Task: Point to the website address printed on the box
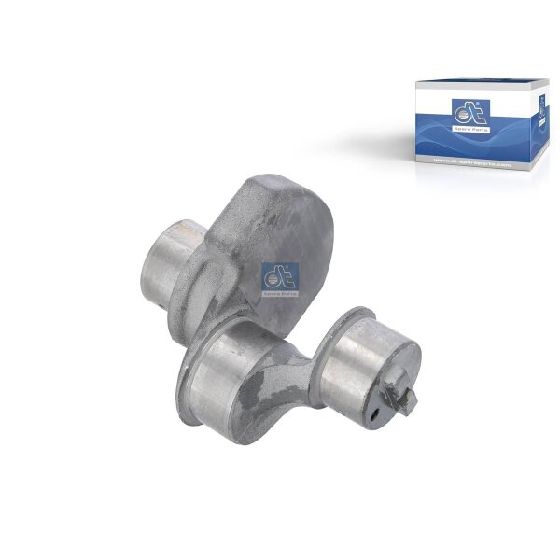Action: (x=474, y=163)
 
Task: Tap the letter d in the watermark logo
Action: (x=273, y=277)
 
